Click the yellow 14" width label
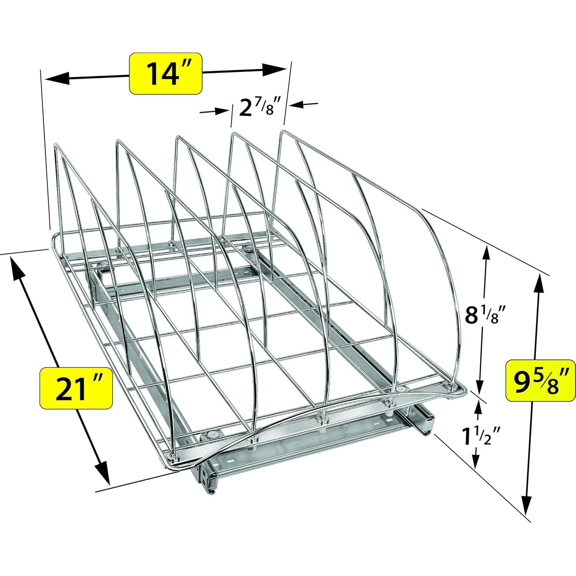pyautogui.click(x=166, y=73)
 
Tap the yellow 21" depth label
pyautogui.click(x=76, y=388)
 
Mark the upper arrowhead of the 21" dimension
pyautogui.click(x=16, y=268)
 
